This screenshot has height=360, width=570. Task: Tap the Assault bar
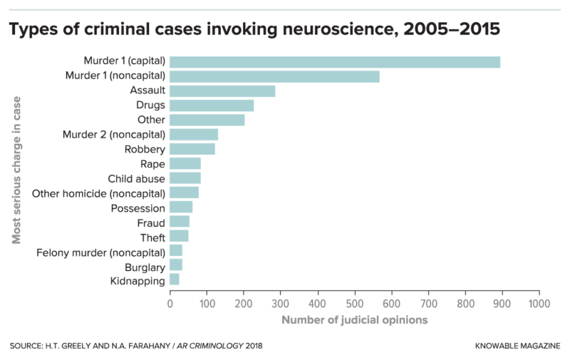[x=222, y=91]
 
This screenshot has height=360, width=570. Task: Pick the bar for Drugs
[x=212, y=106]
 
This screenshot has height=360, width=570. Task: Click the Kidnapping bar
[x=175, y=281]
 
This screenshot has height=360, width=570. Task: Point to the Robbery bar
[x=192, y=149]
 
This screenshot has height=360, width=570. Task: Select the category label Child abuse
[x=136, y=178]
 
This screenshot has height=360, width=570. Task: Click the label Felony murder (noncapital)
[x=101, y=252]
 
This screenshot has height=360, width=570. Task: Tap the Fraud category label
[x=151, y=222]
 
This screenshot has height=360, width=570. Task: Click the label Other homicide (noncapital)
[x=99, y=193]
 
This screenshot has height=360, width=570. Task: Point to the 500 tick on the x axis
[x=354, y=303]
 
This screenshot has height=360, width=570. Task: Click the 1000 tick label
[x=539, y=303]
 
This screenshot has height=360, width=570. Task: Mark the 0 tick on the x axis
[x=170, y=303]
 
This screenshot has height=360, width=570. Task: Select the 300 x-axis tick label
[x=281, y=303]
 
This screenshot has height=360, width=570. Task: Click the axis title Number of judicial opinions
[x=354, y=320]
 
